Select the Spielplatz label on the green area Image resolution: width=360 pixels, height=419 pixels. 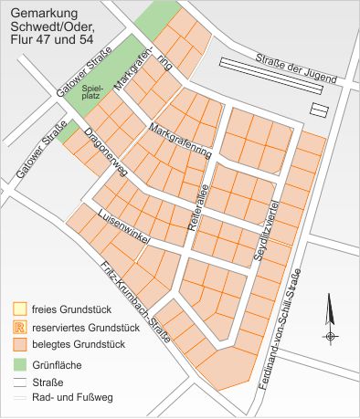(x=91, y=92)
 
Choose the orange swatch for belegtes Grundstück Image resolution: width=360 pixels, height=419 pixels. (x=19, y=345)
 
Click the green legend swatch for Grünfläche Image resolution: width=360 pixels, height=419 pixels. (x=19, y=364)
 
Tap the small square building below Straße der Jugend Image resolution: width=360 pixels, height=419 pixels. (x=320, y=110)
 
